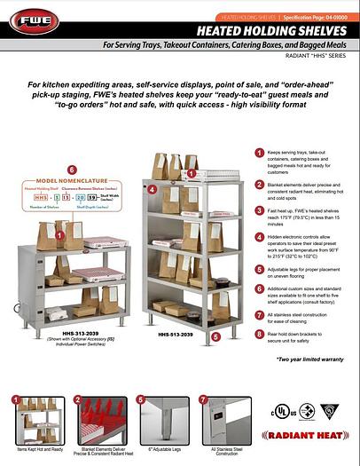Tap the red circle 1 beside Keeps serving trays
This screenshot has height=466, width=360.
pyautogui.click(x=259, y=154)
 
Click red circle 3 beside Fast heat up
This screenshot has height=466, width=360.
pyautogui.click(x=259, y=211)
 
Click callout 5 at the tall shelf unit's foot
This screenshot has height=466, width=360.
pyautogui.click(x=241, y=338)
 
